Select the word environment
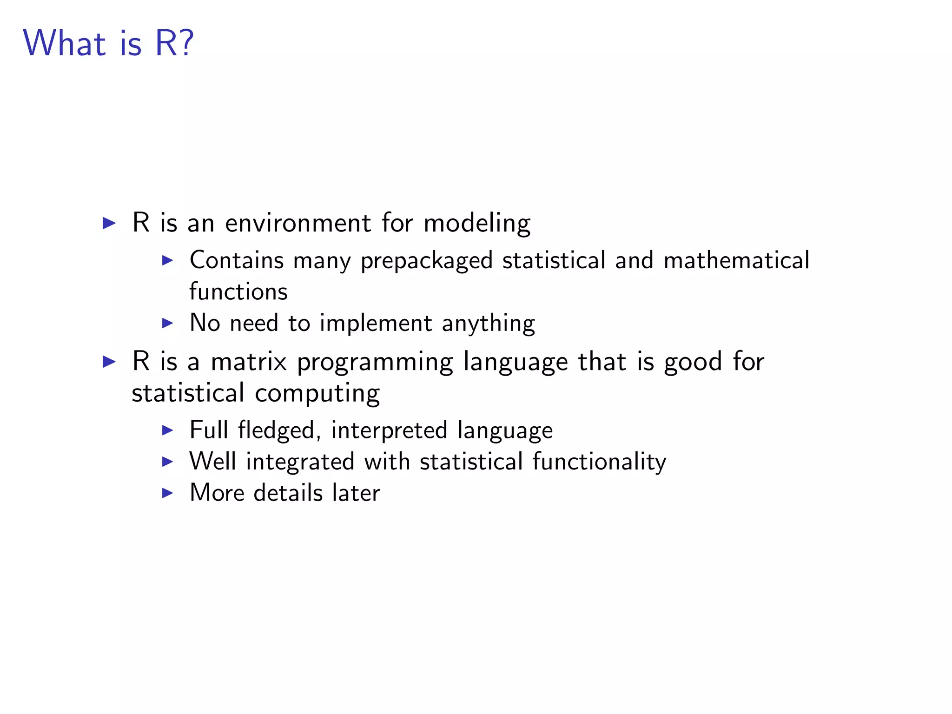pos(298,223)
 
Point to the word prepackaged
pos(427,261)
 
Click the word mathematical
pos(736,260)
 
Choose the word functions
pos(238,291)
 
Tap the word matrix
pos(249,361)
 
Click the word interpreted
pos(389,430)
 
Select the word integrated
pos(300,462)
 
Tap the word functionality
pos(599,462)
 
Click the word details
pos(288,493)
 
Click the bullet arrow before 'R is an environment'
pos(109,223)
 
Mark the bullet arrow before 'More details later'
pos(167,493)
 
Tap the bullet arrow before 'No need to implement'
pos(167,323)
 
